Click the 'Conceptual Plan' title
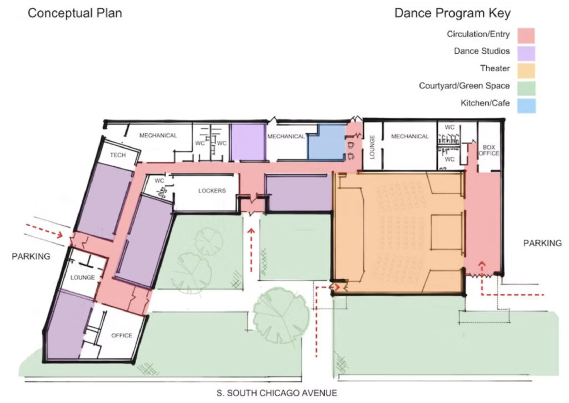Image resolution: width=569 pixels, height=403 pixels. coord(75,13)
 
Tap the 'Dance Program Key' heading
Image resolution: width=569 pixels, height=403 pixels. coord(452,13)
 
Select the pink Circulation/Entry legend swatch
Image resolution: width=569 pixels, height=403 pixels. coord(526,36)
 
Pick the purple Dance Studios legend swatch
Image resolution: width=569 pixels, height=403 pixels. coord(526,53)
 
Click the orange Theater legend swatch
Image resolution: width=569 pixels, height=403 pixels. coord(526,71)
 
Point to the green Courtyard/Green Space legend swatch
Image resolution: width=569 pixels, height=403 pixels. coord(526,88)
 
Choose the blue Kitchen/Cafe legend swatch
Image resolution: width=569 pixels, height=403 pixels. coord(526,106)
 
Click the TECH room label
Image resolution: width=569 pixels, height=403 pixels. coord(118,155)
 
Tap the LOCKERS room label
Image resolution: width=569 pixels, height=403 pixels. coord(212,191)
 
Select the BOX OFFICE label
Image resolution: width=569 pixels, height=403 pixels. coord(489,150)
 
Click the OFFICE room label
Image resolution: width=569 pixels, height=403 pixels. coord(122,336)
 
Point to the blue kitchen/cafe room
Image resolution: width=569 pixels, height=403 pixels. coord(327,142)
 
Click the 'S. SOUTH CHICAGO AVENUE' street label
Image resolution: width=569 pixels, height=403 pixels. coord(277,393)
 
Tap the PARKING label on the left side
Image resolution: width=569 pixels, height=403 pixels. coord(31,257)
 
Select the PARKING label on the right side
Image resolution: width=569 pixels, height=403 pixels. coord(542,243)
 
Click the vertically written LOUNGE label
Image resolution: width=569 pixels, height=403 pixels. coord(372,147)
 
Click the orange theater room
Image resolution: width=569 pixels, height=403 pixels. coord(398,232)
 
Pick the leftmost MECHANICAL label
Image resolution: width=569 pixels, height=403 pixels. coord(158,136)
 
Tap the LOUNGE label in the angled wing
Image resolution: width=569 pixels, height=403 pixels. coord(83,277)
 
